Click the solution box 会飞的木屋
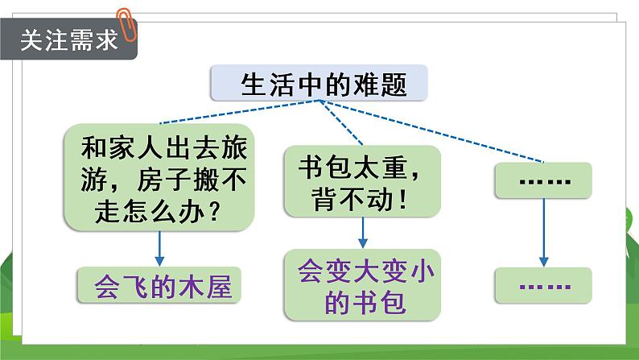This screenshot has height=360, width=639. (158, 285)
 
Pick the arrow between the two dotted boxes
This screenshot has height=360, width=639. (544, 234)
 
